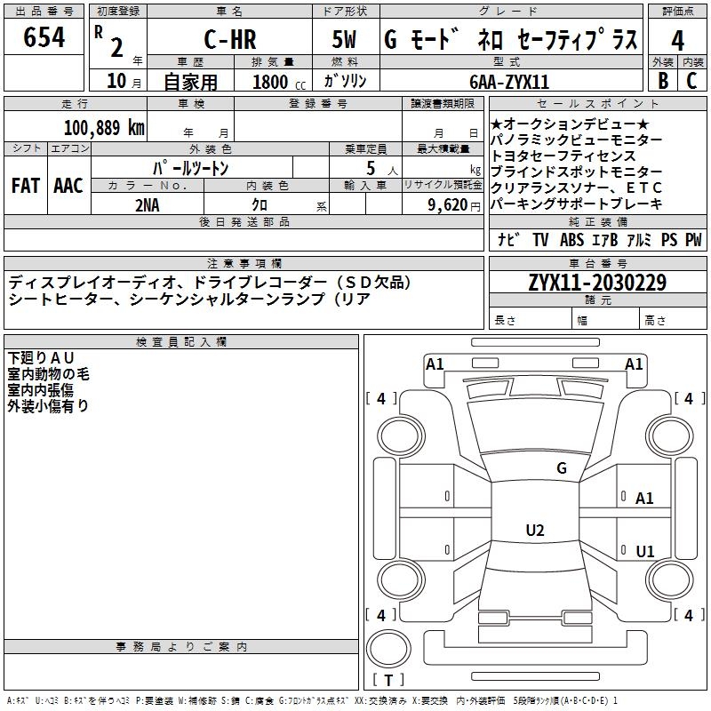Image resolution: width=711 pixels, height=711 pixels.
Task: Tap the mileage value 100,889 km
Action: tap(105, 128)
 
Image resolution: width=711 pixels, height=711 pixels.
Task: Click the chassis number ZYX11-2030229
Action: tap(597, 284)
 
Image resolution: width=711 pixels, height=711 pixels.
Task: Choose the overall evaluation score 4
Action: tap(677, 39)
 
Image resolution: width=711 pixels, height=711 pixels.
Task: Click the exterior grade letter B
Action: tap(662, 81)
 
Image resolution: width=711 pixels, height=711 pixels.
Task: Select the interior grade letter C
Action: tap(691, 81)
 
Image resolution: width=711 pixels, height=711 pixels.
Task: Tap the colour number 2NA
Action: tap(148, 204)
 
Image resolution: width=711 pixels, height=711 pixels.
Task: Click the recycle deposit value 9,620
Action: tap(449, 204)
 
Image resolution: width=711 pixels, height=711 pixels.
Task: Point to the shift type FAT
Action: tap(25, 186)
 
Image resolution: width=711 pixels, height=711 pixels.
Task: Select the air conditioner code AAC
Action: tap(68, 186)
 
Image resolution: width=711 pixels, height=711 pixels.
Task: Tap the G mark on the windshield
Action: tap(562, 468)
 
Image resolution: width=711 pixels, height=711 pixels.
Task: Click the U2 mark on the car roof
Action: tap(534, 531)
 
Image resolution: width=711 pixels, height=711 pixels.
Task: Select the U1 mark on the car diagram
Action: tap(645, 552)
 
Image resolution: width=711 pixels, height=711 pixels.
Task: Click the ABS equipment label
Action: tap(571, 240)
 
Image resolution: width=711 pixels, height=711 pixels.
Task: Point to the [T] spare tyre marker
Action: tap(388, 681)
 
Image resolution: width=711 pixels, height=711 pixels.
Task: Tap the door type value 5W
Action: tap(346, 39)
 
